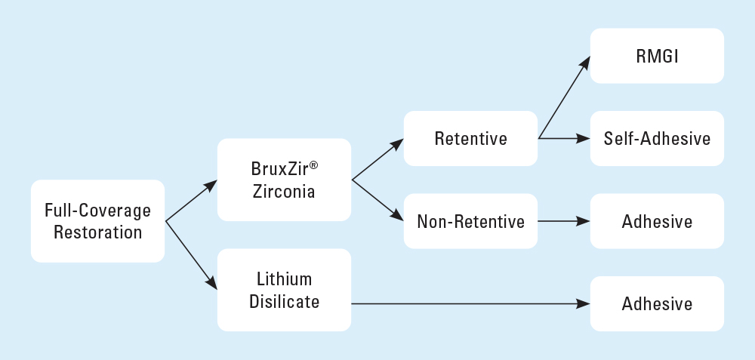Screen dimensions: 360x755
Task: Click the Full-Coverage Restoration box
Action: pos(97,221)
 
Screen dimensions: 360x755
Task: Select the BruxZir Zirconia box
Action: pos(284,180)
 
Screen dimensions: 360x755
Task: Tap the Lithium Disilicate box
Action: pos(284,290)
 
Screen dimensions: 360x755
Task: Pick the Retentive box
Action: pos(470,139)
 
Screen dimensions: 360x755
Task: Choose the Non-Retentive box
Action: pos(470,221)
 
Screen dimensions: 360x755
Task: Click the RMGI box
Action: pos(657,56)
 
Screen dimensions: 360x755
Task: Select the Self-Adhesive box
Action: pos(657,139)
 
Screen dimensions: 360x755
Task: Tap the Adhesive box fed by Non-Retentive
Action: pos(657,221)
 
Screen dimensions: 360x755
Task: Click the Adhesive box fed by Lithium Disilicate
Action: pos(657,303)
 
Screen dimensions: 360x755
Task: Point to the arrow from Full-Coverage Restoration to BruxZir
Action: pos(191,201)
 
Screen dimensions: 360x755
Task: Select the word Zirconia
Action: pos(284,192)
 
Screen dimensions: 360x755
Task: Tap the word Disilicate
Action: pos(284,302)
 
